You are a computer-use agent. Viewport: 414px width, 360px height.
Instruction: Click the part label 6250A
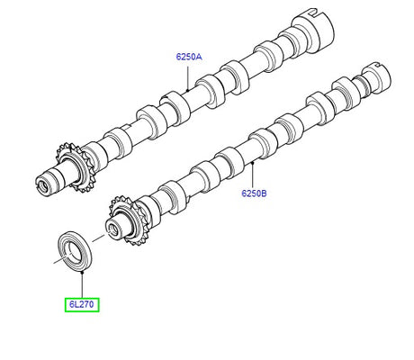tap(189, 56)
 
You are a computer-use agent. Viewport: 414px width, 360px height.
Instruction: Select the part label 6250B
tap(255, 193)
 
